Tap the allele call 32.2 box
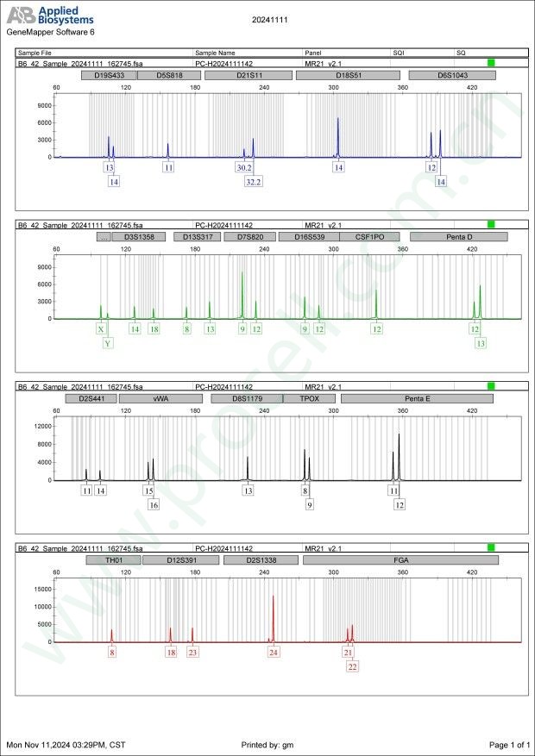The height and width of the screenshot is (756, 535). [253, 182]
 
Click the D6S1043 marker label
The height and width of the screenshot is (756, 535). [452, 75]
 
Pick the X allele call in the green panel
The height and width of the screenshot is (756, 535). [101, 329]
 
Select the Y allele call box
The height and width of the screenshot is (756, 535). [107, 343]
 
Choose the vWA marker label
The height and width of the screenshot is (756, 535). [160, 399]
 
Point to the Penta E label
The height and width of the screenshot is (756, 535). [417, 399]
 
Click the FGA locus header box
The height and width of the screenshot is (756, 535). [400, 560]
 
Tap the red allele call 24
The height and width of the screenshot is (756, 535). [274, 653]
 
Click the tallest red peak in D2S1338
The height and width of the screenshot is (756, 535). [274, 597]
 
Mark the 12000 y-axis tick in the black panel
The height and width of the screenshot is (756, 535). [41, 426]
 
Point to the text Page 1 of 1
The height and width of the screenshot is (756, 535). [508, 744]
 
